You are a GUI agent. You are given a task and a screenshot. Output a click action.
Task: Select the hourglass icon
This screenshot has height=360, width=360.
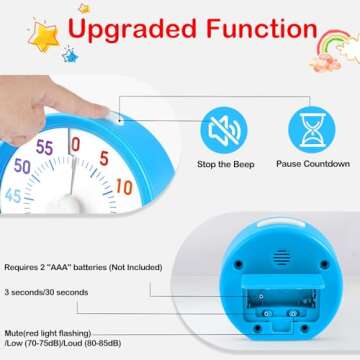pyautogui.click(x=311, y=128)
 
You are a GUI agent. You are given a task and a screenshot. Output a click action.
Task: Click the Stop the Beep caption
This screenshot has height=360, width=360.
pyautogui.click(x=224, y=163)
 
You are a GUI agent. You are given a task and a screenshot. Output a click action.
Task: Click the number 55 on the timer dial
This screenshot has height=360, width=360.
pyautogui.click(x=45, y=146)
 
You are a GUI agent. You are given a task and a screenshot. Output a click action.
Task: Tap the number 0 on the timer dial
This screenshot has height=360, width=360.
pyautogui.click(x=75, y=144)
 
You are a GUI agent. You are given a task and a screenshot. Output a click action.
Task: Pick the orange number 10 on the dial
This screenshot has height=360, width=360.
pyautogui.click(x=123, y=186)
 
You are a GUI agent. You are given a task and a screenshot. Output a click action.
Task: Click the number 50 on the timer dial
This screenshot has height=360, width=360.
pyautogui.click(x=23, y=166)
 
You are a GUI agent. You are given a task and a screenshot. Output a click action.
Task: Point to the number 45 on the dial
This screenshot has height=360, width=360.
pyautogui.click(x=12, y=196)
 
